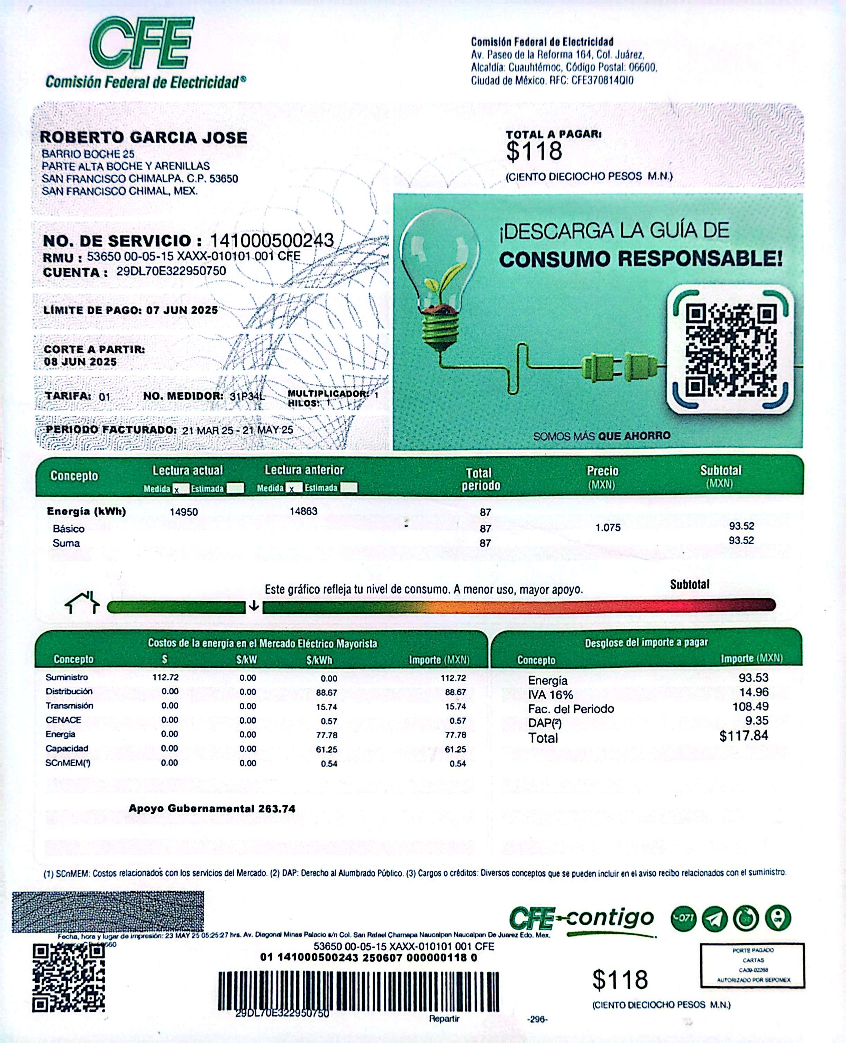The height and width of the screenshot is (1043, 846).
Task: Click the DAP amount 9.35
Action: coord(756,721)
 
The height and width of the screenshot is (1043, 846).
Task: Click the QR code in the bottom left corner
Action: coord(69,977)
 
